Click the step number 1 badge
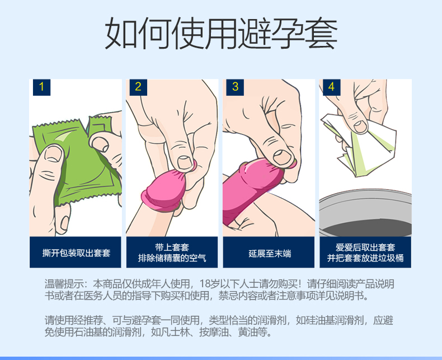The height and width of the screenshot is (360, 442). coord(42,87)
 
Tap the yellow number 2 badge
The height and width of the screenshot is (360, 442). coord(138,87)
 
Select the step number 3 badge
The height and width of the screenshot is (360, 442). coord(235,87)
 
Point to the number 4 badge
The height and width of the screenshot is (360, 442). coord(331,87)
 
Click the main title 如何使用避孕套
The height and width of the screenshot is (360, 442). coord(222,34)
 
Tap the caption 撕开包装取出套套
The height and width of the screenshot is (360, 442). coord(76,253)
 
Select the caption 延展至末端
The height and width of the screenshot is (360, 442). coord(270,254)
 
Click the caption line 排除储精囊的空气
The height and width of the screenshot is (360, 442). coord(172,258)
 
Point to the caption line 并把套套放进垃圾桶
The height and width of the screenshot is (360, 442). coord(365,258)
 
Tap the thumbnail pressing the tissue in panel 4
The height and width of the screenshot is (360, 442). coord(361,127)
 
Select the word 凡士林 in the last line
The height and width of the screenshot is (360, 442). coord(175,332)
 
